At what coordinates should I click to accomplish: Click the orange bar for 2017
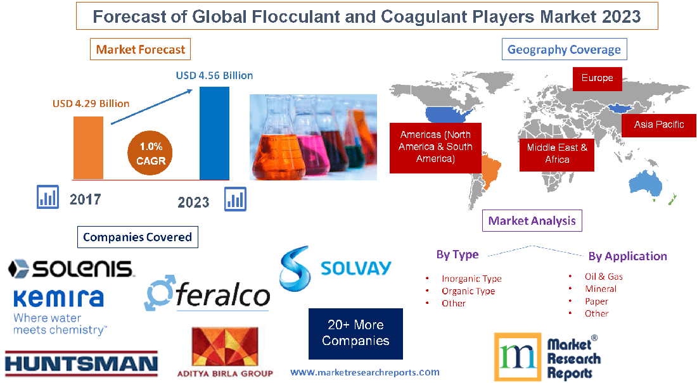(87, 148)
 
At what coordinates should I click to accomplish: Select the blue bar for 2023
(214, 134)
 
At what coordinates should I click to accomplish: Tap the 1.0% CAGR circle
(150, 154)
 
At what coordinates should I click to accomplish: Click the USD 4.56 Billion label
(214, 75)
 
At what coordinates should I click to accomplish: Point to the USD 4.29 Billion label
(91, 103)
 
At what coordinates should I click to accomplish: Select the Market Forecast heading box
(141, 49)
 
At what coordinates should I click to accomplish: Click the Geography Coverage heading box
(564, 49)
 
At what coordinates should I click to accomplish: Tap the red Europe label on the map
(597, 78)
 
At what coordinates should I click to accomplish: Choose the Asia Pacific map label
(659, 125)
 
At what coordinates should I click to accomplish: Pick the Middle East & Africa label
(557, 154)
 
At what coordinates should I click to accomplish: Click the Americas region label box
(435, 147)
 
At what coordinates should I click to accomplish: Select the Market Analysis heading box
(532, 221)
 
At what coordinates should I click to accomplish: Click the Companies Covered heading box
(137, 237)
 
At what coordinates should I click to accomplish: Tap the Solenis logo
(70, 268)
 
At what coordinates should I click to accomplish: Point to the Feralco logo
(207, 293)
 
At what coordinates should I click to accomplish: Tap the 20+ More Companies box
(355, 333)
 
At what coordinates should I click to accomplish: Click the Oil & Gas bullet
(603, 277)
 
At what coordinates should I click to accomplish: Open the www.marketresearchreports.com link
(364, 372)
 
